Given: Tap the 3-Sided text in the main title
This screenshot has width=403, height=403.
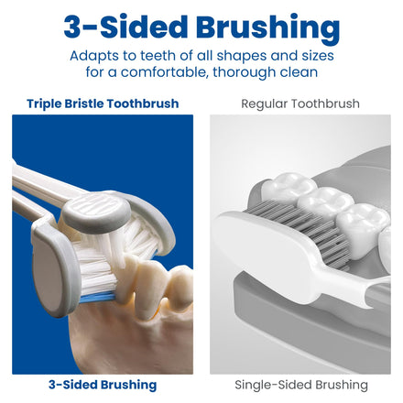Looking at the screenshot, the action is pyautogui.click(x=125, y=27).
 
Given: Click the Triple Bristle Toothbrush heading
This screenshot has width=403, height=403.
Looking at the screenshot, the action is pyautogui.click(x=103, y=103).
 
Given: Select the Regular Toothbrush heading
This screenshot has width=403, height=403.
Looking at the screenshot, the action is pyautogui.click(x=300, y=103).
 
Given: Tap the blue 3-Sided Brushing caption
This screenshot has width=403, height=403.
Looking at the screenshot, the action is pyautogui.click(x=103, y=385).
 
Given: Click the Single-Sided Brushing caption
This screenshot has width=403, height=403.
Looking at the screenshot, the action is pyautogui.click(x=301, y=385).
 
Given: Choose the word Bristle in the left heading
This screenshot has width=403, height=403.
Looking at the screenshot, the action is pyautogui.click(x=84, y=103).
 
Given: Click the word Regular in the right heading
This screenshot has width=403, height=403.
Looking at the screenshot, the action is pyautogui.click(x=265, y=104).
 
